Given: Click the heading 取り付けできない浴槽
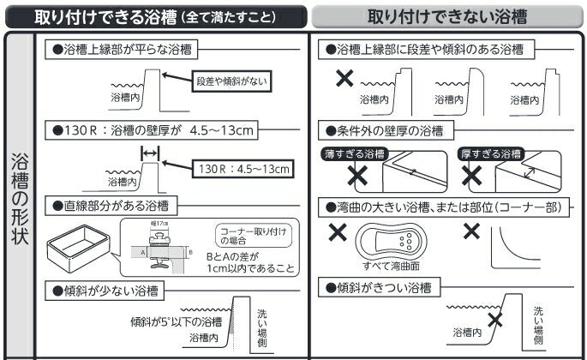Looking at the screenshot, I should coord(446,16).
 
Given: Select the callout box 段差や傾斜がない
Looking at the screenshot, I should coord(231,81).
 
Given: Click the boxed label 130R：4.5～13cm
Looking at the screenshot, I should coord(242,168).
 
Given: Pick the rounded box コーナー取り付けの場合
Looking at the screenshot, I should coord(244,236).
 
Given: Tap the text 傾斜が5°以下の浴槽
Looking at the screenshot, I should coord(176,322).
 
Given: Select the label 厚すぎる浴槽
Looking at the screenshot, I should coord(490,154).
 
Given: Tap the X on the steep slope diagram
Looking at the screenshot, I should coord(494,321).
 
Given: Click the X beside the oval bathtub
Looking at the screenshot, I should coord(338,232).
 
